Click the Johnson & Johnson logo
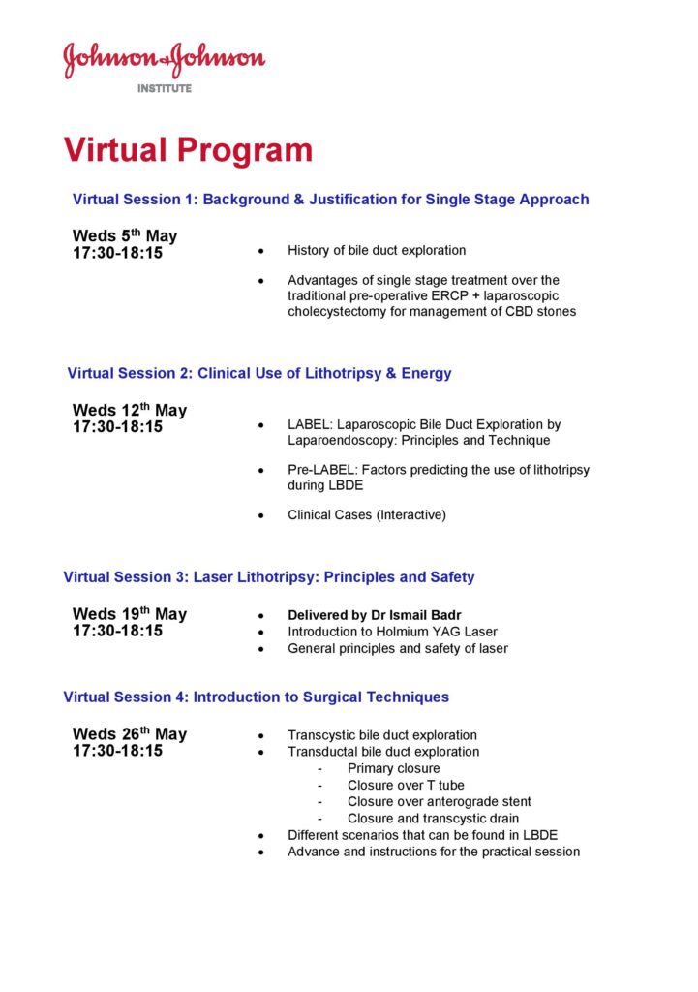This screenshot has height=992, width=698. point(165,60)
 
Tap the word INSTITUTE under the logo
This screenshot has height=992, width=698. point(165,88)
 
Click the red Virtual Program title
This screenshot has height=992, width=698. point(188,150)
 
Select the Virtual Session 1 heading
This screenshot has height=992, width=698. point(330,200)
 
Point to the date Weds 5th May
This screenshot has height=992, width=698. point(125,235)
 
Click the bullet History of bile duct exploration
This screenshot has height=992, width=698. point(377,250)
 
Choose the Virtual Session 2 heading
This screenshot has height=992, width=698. point(259,373)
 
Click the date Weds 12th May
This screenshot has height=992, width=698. point(130,410)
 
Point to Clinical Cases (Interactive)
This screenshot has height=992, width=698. point(367,514)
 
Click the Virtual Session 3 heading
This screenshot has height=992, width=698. point(269,577)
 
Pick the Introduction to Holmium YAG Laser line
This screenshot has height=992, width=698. point(392,632)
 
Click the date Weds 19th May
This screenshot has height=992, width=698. point(130,614)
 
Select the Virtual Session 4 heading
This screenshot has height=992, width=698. point(256,697)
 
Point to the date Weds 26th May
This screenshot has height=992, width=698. point(130,734)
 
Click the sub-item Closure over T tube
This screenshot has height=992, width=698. point(399,786)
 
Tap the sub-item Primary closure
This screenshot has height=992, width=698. point(393,769)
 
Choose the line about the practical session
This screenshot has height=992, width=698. point(434,852)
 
